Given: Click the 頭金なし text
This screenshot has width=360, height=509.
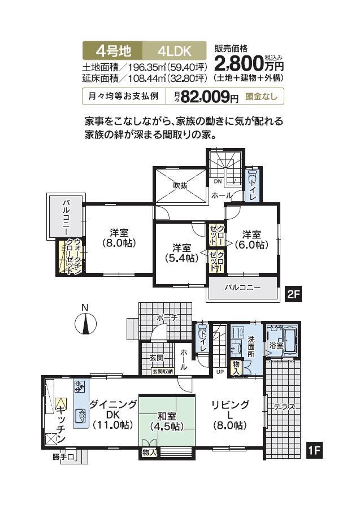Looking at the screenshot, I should tap(261, 97).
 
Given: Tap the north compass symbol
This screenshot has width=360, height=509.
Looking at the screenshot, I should tap(84, 324).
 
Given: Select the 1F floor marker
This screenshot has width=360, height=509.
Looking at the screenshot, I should tap(314, 451).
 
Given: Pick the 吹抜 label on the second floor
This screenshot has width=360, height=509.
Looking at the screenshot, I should tap(180, 185).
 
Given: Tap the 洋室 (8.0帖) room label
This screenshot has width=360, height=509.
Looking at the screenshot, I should tap(119, 238).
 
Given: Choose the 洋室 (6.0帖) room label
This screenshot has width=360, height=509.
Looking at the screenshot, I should tap(251, 240).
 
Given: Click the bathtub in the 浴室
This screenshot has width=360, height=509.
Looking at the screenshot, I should tap(291, 342).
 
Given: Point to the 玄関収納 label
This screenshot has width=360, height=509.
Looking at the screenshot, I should tap(164, 371).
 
